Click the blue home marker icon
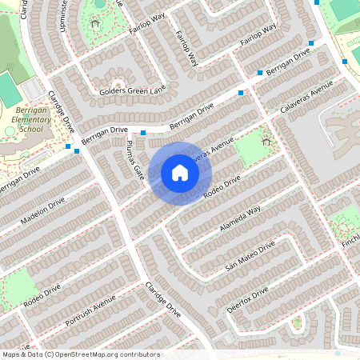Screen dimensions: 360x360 tap(180, 173)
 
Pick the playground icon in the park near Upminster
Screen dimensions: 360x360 tap(95, 24)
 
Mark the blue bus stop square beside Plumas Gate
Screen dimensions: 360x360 tap(143, 132)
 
